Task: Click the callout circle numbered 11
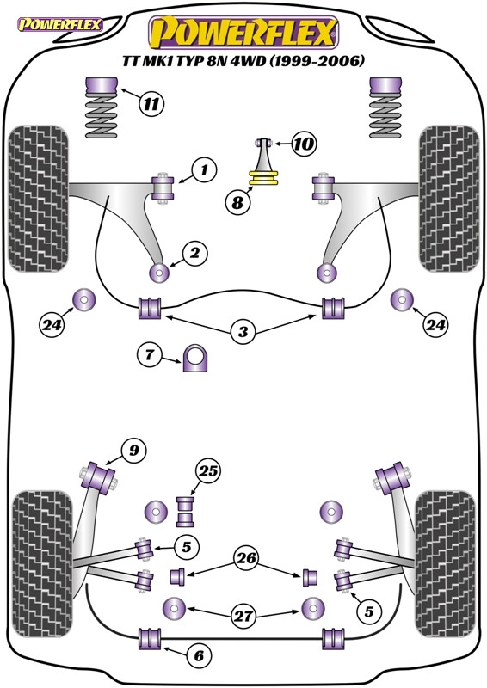151,104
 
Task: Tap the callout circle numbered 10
304,143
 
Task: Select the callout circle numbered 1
204,169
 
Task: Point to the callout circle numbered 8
237,202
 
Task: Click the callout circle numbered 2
194,253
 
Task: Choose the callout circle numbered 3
243,331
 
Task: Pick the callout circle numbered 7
150,353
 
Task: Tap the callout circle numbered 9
133,450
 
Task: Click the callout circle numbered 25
208,471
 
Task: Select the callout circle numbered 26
246,558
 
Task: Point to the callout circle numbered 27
243,616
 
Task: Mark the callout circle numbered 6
199,655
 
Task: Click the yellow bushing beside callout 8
264,179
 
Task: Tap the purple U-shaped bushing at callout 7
195,359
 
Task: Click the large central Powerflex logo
243,33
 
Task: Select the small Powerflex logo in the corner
60,24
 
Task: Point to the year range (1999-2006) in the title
317,60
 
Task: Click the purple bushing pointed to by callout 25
185,512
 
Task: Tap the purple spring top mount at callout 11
101,84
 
